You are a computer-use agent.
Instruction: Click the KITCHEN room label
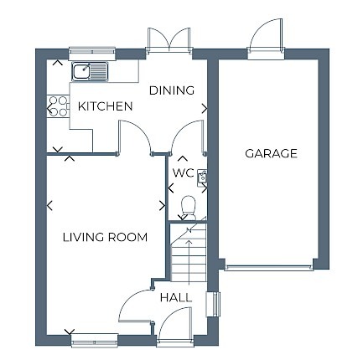pyautogui.click(x=105, y=106)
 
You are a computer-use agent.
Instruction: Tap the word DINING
pyautogui.click(x=172, y=90)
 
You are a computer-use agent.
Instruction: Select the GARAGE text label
pyautogui.click(x=271, y=153)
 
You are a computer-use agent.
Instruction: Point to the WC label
pyautogui.click(x=183, y=173)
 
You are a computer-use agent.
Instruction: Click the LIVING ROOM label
pyautogui.click(x=105, y=237)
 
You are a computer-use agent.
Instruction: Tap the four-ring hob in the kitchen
pyautogui.click(x=58, y=105)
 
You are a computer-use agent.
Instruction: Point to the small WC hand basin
pyautogui.click(x=201, y=176)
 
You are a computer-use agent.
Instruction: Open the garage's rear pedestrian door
pyautogui.click(x=266, y=42)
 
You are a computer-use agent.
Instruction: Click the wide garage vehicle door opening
pyautogui.click(x=270, y=268)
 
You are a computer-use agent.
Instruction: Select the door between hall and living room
pyautogui.click(x=134, y=308)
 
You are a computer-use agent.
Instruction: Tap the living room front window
pyautogui.click(x=94, y=341)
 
